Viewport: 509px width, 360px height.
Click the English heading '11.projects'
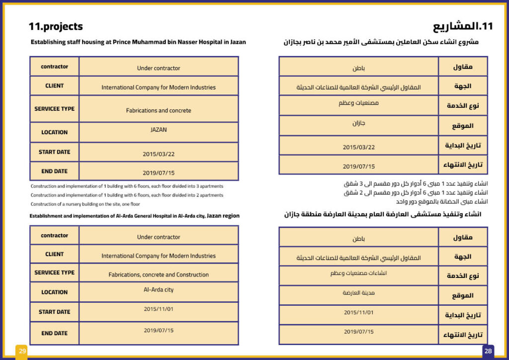56,27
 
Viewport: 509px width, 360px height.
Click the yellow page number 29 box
22,351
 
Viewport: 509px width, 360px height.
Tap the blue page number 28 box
488,351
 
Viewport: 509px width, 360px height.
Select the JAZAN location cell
159,130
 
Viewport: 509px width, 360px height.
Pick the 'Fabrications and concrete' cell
159,110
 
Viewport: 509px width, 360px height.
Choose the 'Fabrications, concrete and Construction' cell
159,274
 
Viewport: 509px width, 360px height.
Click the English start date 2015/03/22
159,154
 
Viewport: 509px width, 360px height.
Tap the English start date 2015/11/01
159,309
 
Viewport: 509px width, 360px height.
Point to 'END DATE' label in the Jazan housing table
54,171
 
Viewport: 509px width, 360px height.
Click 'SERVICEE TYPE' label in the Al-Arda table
54,272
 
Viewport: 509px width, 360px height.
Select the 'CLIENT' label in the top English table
54,86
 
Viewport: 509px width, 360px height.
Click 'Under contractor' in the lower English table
159,237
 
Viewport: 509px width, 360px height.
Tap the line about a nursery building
85,204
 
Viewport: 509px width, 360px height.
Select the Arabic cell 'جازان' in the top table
358,123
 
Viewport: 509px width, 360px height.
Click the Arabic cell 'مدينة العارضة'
358,293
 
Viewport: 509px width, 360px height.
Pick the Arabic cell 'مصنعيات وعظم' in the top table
358,103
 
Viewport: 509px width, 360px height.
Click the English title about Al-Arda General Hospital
134,216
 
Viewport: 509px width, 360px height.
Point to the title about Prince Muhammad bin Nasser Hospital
138,42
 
